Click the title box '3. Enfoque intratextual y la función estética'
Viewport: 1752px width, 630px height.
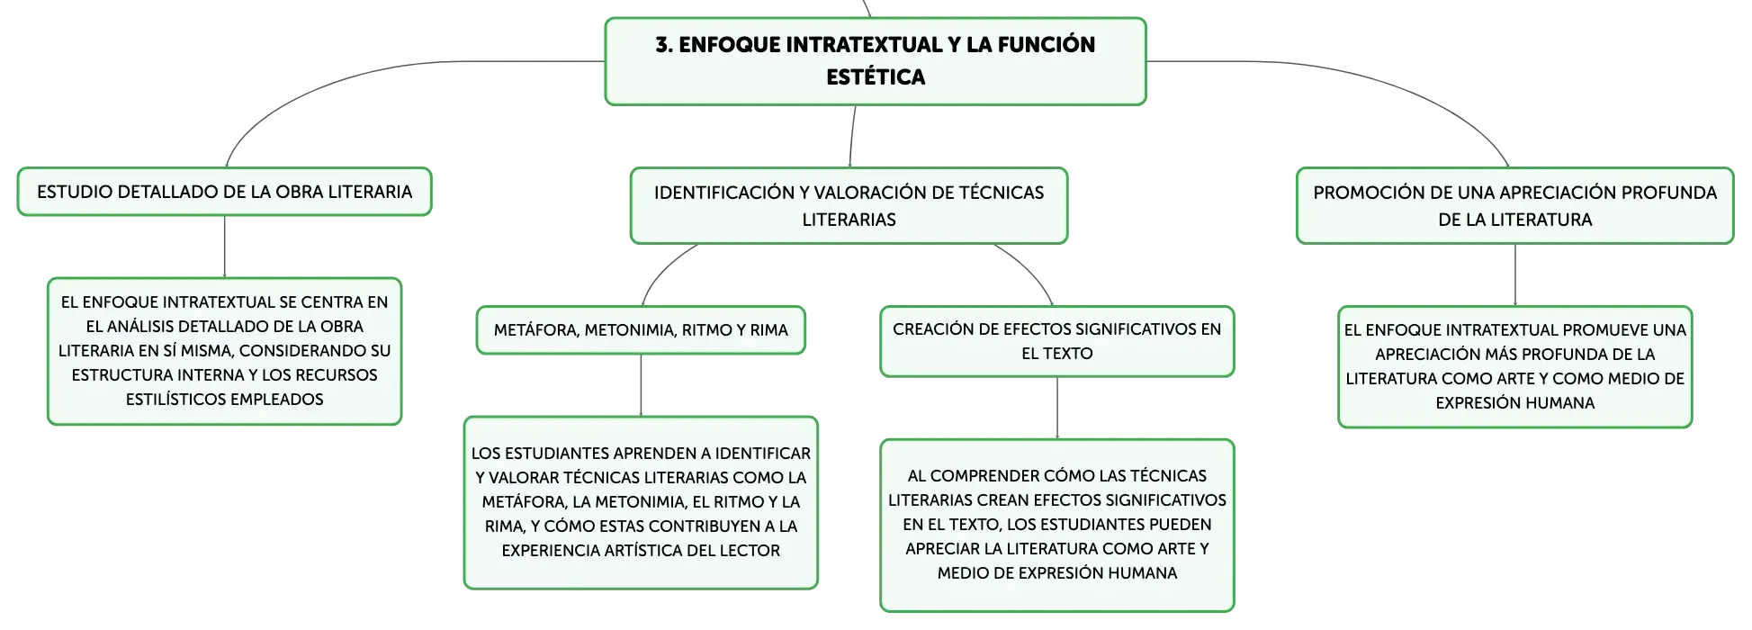tap(876, 61)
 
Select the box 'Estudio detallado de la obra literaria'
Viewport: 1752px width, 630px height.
tap(224, 192)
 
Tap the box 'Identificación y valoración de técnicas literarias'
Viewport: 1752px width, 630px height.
tap(849, 205)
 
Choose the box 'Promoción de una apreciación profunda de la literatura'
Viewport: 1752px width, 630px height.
tap(1514, 205)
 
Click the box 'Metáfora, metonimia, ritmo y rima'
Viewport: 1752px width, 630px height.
tap(641, 330)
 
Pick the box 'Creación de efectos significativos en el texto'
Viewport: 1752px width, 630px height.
tap(1056, 341)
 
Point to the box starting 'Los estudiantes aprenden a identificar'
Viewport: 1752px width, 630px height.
tap(641, 502)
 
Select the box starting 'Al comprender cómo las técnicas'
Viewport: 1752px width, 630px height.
tap(1056, 525)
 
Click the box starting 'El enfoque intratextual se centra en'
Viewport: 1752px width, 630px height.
tap(224, 351)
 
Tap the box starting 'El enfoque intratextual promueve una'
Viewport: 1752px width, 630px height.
tap(1514, 366)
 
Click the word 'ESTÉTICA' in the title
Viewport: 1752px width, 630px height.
tap(876, 77)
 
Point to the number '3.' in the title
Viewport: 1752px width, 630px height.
tap(664, 45)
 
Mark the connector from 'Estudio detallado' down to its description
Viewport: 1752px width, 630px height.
tap(224, 247)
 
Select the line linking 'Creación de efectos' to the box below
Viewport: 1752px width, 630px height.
tap(1056, 408)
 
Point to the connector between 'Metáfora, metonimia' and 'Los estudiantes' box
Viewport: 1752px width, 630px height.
tap(641, 385)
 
